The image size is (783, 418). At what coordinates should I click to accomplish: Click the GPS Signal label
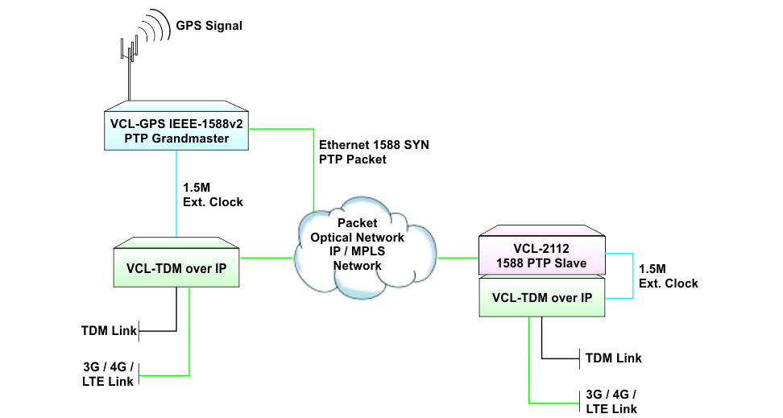coord(209,26)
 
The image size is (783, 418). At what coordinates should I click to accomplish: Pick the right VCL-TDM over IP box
coord(541,298)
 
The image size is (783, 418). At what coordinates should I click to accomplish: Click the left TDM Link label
coord(108,330)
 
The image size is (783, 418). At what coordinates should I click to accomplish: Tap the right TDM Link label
coord(613,358)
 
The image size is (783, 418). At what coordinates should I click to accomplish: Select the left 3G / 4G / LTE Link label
coord(108,373)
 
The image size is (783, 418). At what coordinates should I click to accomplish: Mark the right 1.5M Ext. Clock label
coord(668,277)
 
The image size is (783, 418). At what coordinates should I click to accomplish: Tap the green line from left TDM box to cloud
coord(266,258)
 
